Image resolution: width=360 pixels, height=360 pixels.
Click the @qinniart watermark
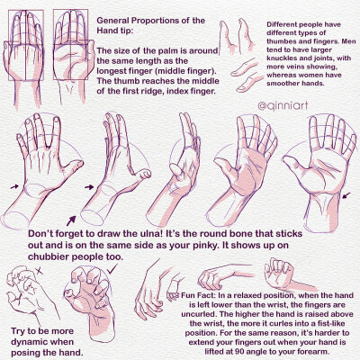coord(283,105)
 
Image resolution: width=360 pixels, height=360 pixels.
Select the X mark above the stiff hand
coord(39,271)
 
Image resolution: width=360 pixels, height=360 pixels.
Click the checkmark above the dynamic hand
coord(112,269)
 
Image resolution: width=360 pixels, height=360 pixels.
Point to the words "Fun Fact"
coord(199,295)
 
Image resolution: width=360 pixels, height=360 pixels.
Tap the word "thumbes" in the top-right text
coord(280,41)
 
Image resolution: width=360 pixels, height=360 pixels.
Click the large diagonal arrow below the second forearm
coord(71,220)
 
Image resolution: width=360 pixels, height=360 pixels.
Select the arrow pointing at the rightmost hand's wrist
coord(346,195)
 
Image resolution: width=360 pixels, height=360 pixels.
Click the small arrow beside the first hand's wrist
coord(14,186)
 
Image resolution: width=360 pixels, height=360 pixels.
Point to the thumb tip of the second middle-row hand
coord(147,174)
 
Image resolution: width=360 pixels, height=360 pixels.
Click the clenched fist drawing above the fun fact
coord(278,274)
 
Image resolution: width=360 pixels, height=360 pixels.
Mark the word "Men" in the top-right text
coord(347,41)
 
